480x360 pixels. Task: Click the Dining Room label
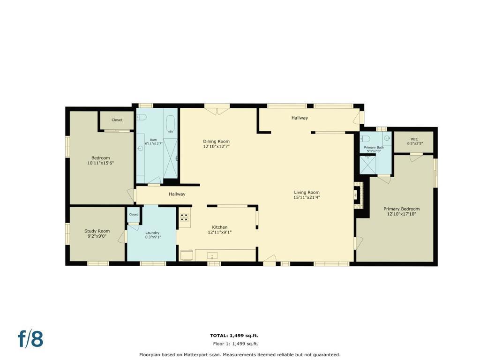tap(217, 142)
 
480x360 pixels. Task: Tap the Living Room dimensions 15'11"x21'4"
tap(307, 197)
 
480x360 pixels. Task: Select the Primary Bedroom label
tap(402, 209)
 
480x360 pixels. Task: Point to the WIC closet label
tap(414, 139)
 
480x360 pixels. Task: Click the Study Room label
tap(97, 231)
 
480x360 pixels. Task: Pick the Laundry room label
tap(152, 233)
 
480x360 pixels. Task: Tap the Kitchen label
tap(220, 227)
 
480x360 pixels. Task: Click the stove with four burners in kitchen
tap(185, 217)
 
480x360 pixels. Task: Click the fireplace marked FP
tap(358, 195)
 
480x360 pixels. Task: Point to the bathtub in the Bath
tap(170, 124)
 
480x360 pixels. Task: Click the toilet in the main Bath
tap(142, 117)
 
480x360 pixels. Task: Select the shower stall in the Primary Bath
tap(367, 165)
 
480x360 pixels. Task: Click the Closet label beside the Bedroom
tap(117, 120)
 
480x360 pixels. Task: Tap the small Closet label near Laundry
tap(134, 215)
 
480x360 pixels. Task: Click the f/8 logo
tap(30, 338)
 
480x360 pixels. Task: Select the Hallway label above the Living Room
tap(300, 118)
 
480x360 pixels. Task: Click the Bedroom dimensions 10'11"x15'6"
tap(101, 163)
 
